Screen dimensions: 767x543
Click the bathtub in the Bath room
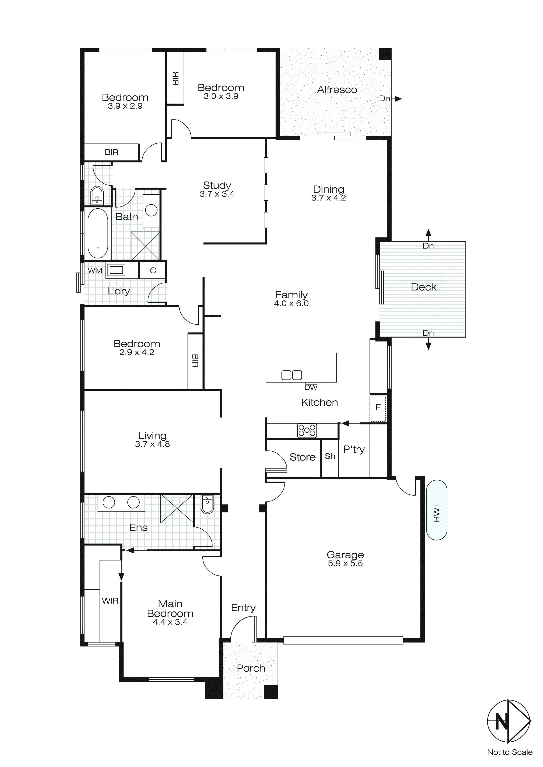click(x=98, y=233)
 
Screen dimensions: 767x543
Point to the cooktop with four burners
click(x=307, y=430)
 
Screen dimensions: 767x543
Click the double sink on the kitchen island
click(x=292, y=375)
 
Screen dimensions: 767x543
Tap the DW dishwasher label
click(x=311, y=387)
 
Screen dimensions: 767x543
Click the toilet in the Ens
click(x=207, y=504)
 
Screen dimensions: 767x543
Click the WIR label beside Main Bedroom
click(x=110, y=601)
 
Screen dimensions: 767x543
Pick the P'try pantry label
click(x=354, y=449)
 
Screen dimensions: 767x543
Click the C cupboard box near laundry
click(x=153, y=270)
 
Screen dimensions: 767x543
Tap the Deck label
click(x=423, y=287)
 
